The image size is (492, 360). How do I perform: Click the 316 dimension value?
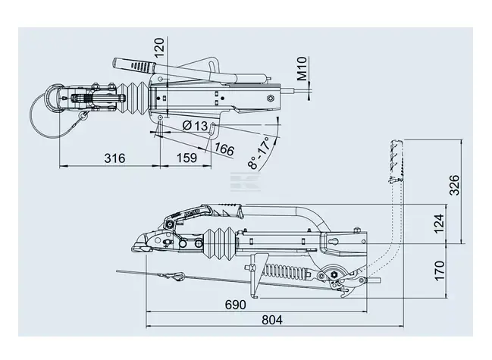coord(114,158)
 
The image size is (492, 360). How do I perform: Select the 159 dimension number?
coord(186,158)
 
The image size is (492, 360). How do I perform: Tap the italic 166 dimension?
coord(224,149)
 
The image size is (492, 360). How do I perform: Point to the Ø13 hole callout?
coord(195,126)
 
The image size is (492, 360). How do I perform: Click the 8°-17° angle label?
coord(259,153)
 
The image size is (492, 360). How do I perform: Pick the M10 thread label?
coord(302,68)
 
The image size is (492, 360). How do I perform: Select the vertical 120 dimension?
coord(159,47)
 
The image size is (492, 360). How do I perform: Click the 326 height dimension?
coord(454,185)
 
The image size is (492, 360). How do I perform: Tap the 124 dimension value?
coord(439,223)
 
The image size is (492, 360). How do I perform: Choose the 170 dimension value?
coord(439,271)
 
